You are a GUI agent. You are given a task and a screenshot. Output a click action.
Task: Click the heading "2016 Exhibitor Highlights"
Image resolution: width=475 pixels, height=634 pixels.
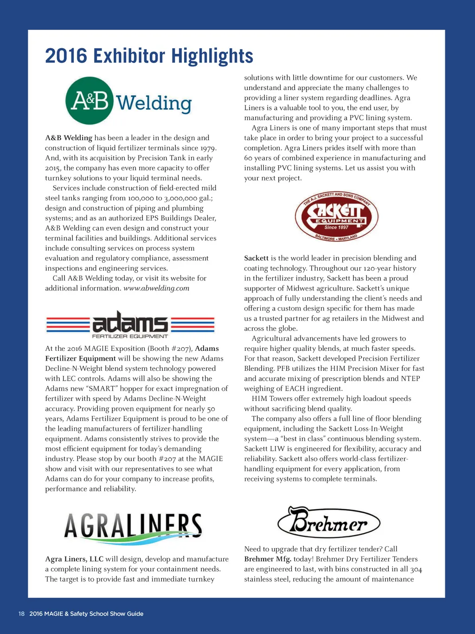pos(149,56)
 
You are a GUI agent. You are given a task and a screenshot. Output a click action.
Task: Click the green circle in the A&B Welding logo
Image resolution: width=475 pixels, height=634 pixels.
pos(90,101)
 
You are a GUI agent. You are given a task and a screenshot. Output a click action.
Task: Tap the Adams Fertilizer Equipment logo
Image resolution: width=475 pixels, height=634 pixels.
pos(130,324)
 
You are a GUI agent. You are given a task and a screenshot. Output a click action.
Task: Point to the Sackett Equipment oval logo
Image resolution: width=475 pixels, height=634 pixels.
pos(336,217)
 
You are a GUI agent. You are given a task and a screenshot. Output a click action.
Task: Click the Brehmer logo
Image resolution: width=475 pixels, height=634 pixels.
pos(329,522)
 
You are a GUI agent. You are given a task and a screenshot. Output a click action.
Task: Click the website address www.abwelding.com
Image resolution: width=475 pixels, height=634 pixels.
pos(156,288)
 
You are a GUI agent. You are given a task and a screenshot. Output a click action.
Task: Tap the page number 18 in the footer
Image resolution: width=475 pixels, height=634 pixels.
pos(21,614)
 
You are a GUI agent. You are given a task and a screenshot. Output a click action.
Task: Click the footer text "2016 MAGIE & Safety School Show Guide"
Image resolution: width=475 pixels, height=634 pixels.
pos(86,614)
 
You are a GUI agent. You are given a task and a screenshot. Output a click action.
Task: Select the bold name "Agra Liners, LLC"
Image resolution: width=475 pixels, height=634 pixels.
pos(74,559)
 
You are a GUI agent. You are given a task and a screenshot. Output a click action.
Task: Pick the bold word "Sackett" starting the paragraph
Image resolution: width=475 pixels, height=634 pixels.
pos(256,258)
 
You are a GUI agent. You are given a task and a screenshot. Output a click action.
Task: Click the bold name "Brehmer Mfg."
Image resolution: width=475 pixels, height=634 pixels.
pos(268,559)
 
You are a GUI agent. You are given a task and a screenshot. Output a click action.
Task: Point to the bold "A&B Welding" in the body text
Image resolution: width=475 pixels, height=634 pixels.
pos(69,138)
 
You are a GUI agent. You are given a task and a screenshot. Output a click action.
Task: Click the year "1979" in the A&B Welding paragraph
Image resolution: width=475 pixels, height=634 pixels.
pos(208,148)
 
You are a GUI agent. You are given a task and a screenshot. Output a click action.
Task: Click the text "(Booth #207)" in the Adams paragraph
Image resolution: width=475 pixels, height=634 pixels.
pos(170,349)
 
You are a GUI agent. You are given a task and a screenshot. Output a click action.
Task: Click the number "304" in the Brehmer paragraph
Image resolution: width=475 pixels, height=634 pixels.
pos(416,569)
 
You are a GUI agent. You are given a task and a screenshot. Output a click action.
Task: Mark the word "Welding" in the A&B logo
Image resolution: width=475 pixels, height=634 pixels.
pos(154,103)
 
